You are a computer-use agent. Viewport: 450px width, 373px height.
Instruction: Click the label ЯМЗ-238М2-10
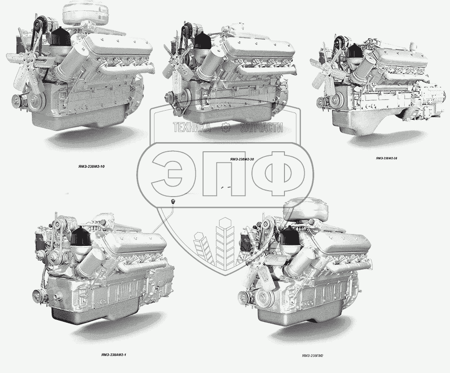pyautogui.click(x=91, y=166)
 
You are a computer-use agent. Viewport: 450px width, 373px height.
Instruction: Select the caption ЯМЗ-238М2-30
pyautogui.click(x=241, y=159)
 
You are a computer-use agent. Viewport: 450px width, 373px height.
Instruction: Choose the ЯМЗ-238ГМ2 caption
pyautogui.click(x=312, y=356)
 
